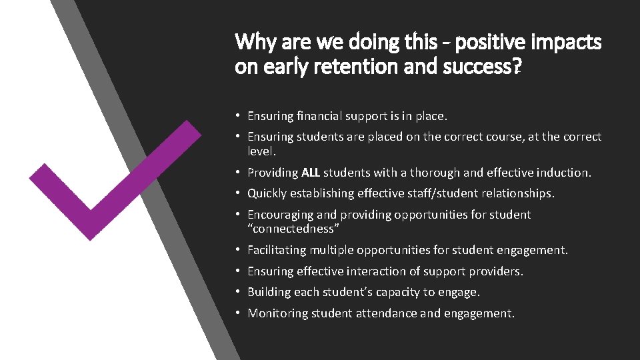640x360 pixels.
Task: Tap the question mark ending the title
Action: tap(518, 67)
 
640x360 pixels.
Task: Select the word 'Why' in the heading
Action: tap(252, 43)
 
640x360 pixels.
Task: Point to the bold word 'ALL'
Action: tap(311, 173)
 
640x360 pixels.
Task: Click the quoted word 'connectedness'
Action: tap(294, 229)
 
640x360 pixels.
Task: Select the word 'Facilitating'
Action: tap(279, 250)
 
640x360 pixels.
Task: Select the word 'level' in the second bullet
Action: tap(259, 151)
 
